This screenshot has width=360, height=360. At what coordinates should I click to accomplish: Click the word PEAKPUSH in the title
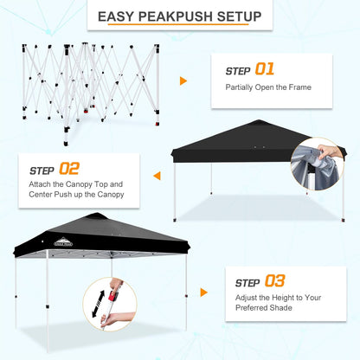(x=178, y=16)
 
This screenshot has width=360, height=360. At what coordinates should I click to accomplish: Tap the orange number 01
(x=264, y=68)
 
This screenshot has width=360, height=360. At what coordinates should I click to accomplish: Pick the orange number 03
(x=274, y=280)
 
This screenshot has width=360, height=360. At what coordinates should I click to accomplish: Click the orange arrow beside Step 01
(x=183, y=81)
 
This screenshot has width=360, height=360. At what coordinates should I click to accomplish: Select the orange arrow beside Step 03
(x=203, y=292)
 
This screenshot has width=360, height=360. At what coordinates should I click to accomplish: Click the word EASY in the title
(x=116, y=16)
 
